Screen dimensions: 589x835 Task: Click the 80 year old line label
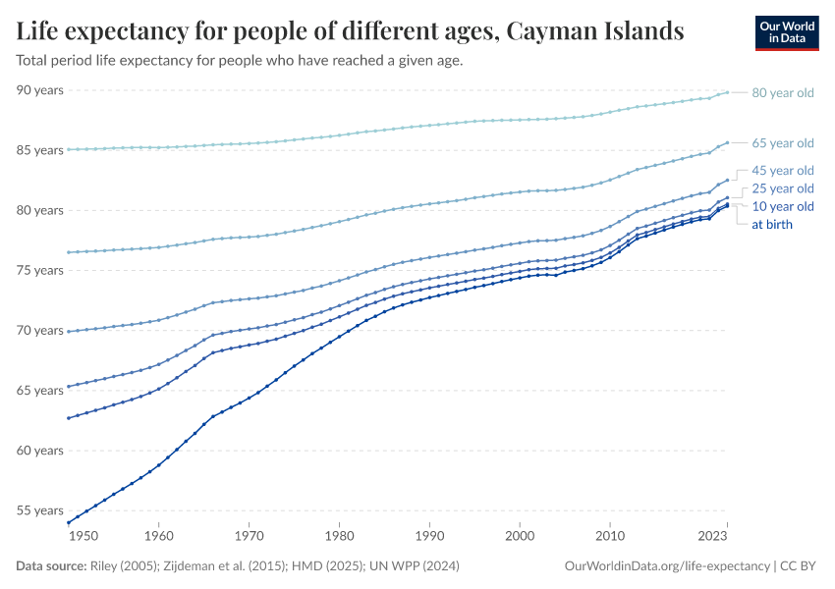tap(782, 93)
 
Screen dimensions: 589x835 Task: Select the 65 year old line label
tap(782, 143)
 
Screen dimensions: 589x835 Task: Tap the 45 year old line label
tap(782, 171)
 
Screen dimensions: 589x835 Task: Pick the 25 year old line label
tap(782, 188)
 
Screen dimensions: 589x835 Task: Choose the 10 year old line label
tap(782, 206)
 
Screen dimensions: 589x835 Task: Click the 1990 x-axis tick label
tap(429, 537)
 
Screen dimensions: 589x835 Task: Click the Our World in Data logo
tap(787, 32)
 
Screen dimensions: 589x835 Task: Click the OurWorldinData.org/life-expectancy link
tap(668, 566)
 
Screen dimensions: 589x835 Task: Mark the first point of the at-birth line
tap(68, 522)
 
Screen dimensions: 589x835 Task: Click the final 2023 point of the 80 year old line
tap(727, 91)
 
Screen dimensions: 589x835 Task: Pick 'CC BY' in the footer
tap(800, 566)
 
